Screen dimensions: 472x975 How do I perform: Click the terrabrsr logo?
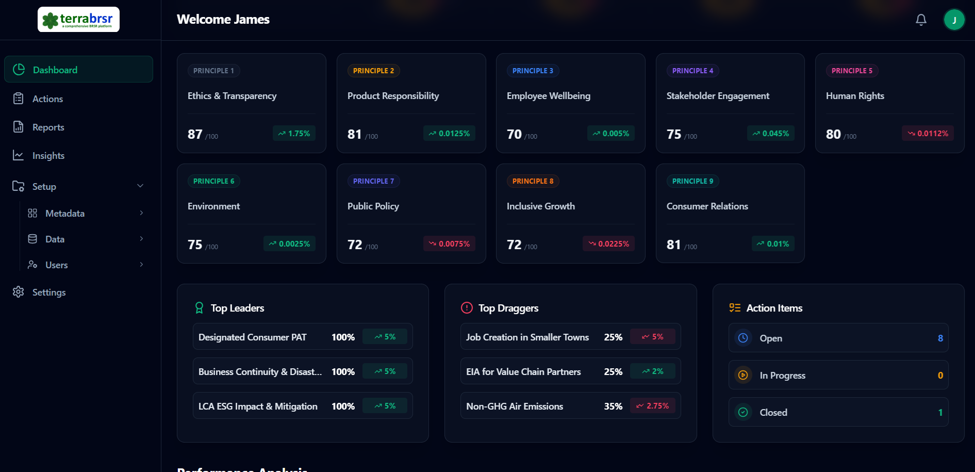coord(78,20)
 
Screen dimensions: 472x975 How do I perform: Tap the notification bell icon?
coord(921,20)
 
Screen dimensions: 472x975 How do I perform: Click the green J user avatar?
coord(954,20)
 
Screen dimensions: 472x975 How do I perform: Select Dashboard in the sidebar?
coord(55,70)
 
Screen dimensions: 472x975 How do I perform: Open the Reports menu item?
coord(48,127)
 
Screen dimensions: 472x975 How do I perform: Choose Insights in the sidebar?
coord(48,156)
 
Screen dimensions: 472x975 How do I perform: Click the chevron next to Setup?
coord(140,186)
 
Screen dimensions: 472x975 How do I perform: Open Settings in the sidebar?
coord(48,292)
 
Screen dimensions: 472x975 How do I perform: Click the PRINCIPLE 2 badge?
coord(373,71)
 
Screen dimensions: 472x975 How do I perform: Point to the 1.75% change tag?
coord(294,133)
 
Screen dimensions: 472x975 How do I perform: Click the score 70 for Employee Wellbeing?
coord(514,134)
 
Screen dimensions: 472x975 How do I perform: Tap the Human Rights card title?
coord(855,96)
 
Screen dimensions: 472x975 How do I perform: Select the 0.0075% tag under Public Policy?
coord(449,243)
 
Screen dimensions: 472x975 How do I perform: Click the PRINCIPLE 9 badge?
coord(692,181)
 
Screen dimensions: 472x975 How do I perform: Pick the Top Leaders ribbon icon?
coord(199,308)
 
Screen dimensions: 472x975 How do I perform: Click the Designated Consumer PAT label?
coord(252,337)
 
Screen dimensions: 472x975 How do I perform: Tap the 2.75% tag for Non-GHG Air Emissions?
coord(652,406)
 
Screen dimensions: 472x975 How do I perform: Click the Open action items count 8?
coord(940,338)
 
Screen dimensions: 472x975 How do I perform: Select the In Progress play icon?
coord(743,375)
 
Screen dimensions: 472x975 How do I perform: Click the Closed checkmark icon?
coord(743,412)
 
